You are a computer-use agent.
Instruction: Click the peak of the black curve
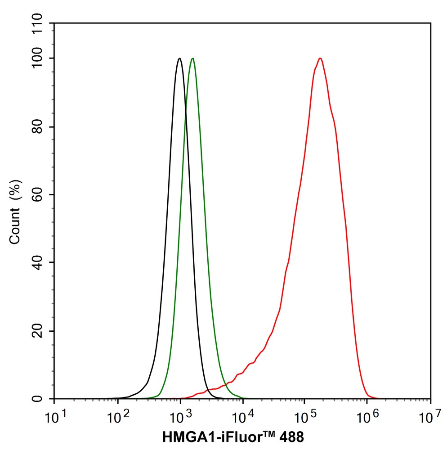click(179, 59)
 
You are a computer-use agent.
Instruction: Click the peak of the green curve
click(192, 59)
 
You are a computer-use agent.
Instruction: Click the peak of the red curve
click(320, 59)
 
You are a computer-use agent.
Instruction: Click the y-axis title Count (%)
click(15, 211)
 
